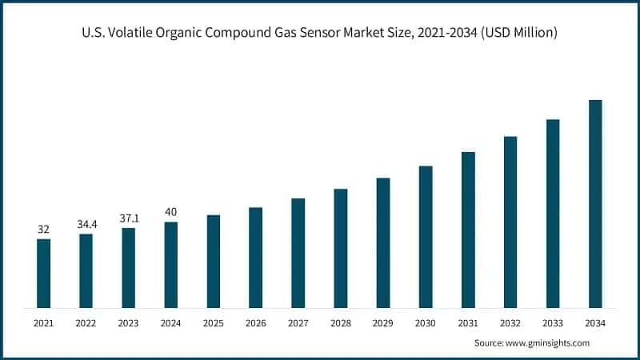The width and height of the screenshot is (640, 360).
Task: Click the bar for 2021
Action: coord(43,273)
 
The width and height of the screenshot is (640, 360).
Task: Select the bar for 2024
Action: coord(170,265)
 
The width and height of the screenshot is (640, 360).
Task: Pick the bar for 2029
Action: coord(383,242)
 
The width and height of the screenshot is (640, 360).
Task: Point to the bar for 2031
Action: coord(468,230)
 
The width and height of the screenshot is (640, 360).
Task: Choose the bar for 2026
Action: coord(256,258)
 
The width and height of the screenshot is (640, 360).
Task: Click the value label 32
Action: coord(43,230)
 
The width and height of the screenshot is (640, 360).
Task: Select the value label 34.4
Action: coord(86,224)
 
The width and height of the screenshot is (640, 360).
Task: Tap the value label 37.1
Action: coord(128,218)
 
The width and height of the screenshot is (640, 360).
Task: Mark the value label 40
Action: coord(170,212)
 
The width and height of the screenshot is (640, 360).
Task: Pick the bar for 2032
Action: coord(510,222)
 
